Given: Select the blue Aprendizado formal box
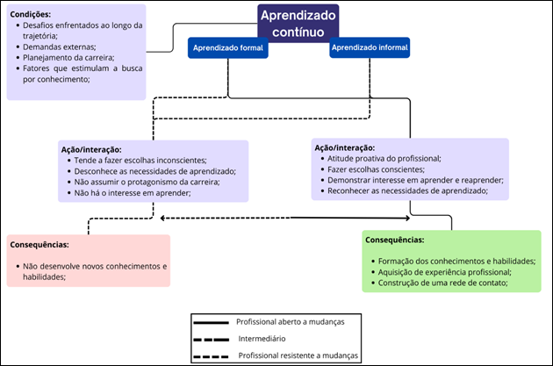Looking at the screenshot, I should [227, 48].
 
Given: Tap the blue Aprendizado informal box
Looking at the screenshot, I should [370, 48].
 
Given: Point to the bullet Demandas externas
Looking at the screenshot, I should [57, 47].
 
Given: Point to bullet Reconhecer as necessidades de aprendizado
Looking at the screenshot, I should [406, 190].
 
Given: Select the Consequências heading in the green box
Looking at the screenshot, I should [397, 240].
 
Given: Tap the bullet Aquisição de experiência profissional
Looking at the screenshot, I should [444, 272].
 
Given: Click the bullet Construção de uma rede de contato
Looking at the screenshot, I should [442, 283].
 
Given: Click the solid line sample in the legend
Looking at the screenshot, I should [212, 323].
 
